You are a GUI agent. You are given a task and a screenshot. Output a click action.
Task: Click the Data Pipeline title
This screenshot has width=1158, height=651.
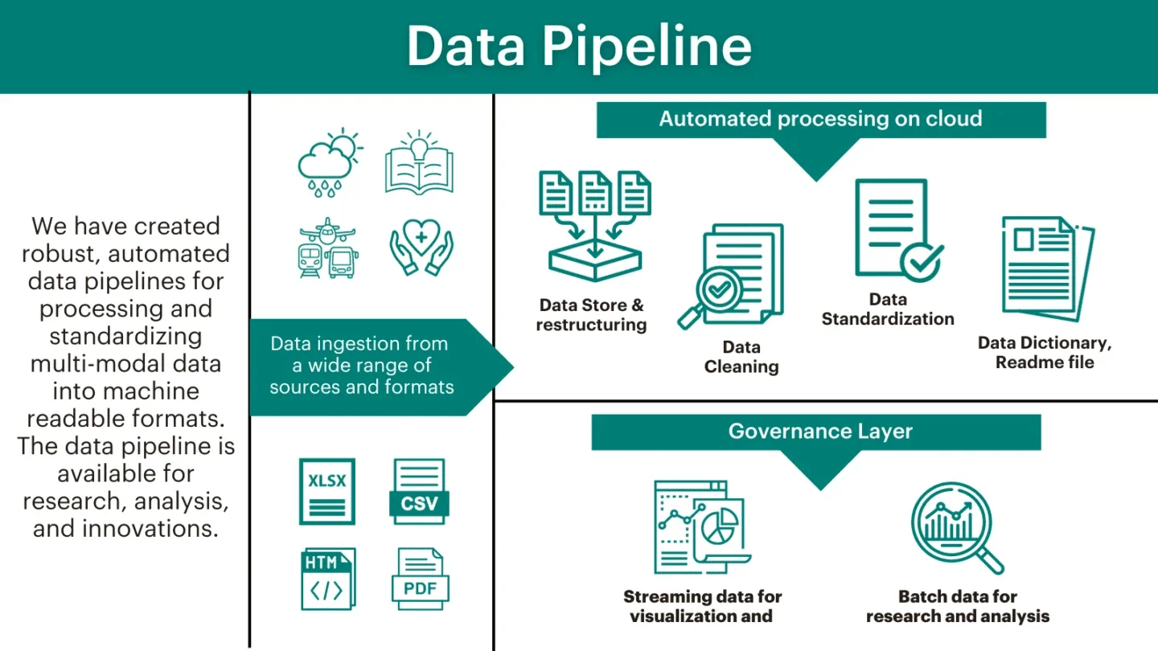(x=579, y=46)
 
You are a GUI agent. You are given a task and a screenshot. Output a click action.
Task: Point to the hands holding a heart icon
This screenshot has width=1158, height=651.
(x=421, y=248)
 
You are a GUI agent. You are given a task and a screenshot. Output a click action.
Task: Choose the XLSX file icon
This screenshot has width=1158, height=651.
(x=327, y=491)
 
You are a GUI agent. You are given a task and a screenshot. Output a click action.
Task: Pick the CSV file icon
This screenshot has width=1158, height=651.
(x=419, y=492)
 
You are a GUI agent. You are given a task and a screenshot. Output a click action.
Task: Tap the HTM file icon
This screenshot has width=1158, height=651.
(x=327, y=579)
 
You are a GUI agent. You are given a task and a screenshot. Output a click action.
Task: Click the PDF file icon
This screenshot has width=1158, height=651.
(x=420, y=579)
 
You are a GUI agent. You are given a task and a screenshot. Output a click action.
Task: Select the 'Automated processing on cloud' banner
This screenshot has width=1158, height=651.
(x=820, y=120)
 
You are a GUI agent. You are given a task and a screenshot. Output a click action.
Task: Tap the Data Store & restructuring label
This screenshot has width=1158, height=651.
(x=591, y=315)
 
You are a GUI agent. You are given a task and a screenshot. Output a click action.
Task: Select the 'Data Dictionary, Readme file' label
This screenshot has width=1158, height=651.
(x=1044, y=353)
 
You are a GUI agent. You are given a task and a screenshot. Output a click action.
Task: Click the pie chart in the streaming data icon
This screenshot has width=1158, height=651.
(x=721, y=526)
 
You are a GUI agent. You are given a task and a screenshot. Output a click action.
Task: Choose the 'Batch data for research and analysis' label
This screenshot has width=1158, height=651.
(x=957, y=607)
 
